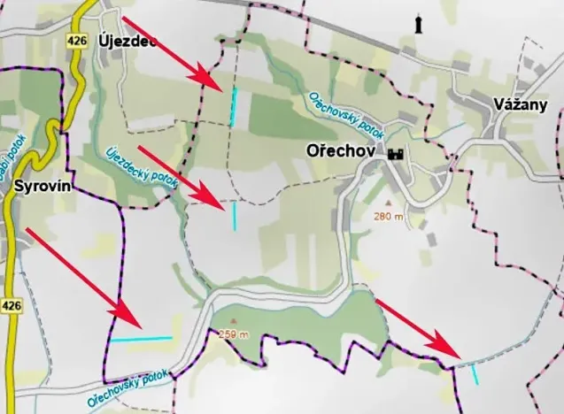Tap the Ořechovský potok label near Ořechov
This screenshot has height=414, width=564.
click(345, 116)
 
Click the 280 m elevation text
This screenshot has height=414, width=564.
click(389, 217)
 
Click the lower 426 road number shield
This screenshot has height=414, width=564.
click(11, 305)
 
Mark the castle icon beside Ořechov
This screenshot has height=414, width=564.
click(395, 153)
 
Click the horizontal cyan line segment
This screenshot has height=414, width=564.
click(141, 339)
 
